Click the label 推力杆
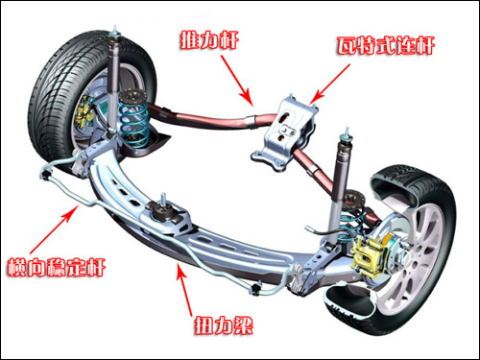pyautogui.click(x=209, y=40)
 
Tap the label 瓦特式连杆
pyautogui.click(x=385, y=46)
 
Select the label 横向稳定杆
pyautogui.click(x=57, y=267)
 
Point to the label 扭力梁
pyautogui.click(x=224, y=325)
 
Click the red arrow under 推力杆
pyautogui.click(x=236, y=81)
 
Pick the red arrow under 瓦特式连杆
pyautogui.click(x=330, y=84)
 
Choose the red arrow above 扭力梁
pyautogui.click(x=184, y=291)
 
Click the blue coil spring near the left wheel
pyautogui.click(x=133, y=119)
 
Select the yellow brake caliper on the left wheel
pyautogui.click(x=83, y=112)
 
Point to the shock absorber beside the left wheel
pyautogui.click(x=112, y=80)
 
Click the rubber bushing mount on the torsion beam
pyautogui.click(x=164, y=212)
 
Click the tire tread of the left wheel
pyautogui.click(x=51, y=96)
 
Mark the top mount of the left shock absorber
pyautogui.click(x=114, y=35)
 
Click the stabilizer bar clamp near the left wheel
pyautogui.click(x=47, y=174)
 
